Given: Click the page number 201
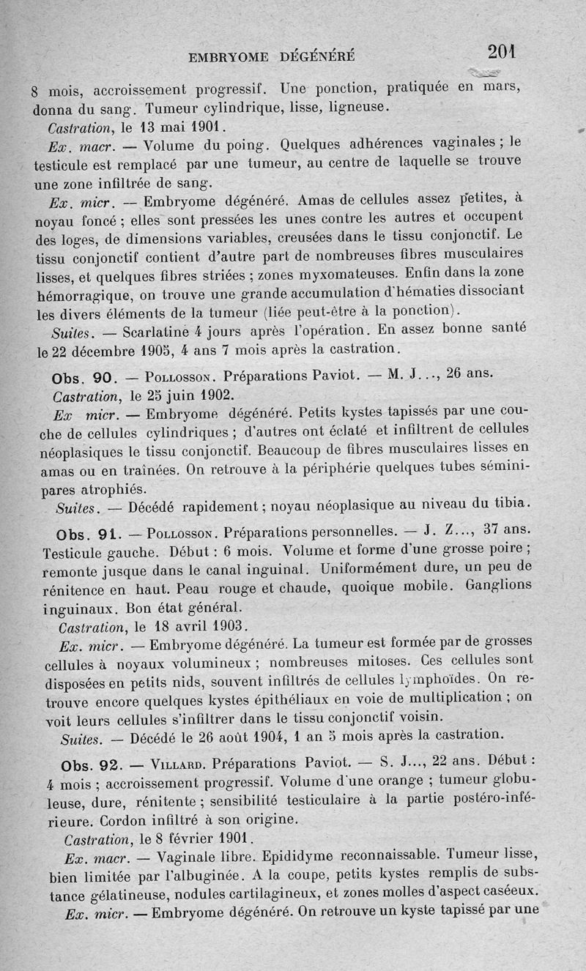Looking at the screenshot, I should tap(502, 51).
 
